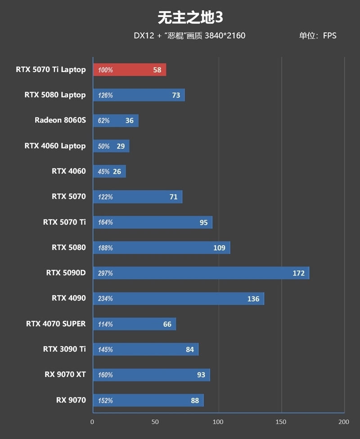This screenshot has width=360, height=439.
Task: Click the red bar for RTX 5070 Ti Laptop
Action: tap(130, 70)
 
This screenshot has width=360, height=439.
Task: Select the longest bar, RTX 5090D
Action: tap(201, 273)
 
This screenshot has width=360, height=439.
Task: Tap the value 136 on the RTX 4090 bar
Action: tap(253, 299)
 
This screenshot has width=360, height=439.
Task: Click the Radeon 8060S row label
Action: tap(60, 120)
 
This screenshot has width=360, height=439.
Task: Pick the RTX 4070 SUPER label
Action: tap(56, 324)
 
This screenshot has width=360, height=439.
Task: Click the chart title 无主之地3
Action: tap(190, 18)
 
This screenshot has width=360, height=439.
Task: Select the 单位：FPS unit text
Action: tap(317, 36)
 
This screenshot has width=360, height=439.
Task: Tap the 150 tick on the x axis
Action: tap(281, 422)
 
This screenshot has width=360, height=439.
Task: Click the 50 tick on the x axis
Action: tap(156, 422)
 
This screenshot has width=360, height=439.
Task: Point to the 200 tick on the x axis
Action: tap(343, 422)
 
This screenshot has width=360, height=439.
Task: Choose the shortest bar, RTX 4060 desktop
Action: tap(109, 171)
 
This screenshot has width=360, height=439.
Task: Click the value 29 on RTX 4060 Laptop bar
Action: tap(121, 146)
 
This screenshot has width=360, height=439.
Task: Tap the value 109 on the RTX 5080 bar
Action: tap(219, 248)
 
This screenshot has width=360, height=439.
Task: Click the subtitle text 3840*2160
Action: tap(225, 36)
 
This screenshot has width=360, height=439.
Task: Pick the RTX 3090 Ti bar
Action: tap(146, 349)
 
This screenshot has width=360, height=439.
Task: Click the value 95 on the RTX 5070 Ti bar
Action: tap(204, 222)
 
